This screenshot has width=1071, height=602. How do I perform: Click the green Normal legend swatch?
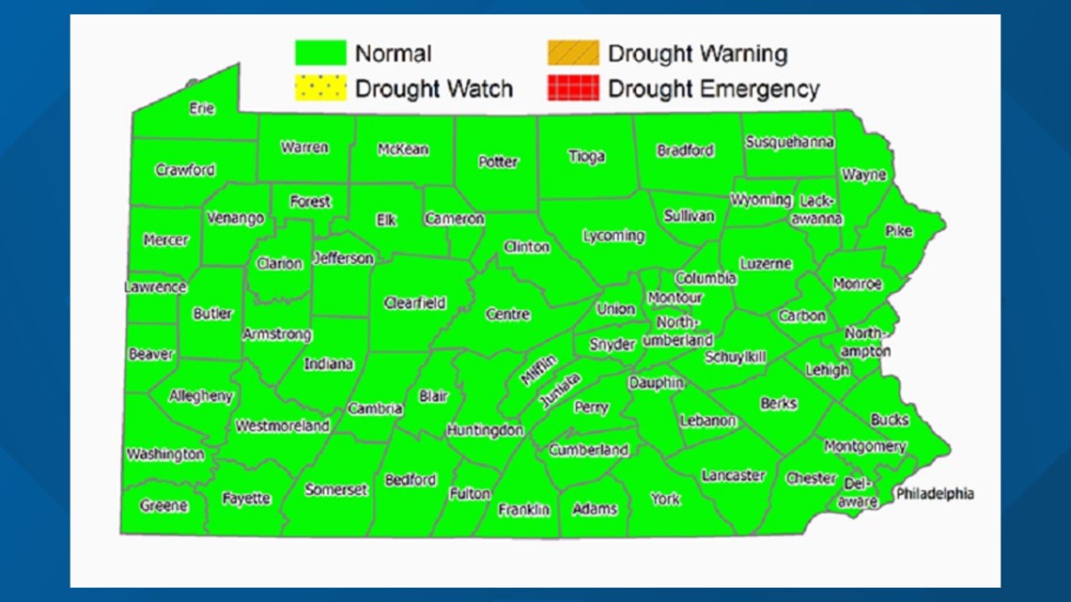(x=320, y=54)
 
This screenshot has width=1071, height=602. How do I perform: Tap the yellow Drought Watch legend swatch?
(x=320, y=88)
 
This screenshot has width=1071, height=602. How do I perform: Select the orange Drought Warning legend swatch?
(x=572, y=54)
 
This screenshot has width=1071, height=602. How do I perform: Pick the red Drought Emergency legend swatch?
(x=572, y=88)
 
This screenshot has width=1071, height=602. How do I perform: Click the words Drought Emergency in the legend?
(x=713, y=89)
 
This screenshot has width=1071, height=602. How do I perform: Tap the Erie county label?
(x=202, y=108)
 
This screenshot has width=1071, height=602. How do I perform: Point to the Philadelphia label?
(x=934, y=494)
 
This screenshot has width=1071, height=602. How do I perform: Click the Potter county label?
(x=498, y=162)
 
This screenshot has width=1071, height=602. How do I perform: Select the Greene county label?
(x=163, y=505)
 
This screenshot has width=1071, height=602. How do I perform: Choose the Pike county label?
(x=898, y=231)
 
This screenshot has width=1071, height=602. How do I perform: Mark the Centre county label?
(x=507, y=315)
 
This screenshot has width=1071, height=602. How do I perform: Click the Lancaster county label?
(x=733, y=476)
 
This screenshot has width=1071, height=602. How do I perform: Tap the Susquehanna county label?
(x=789, y=143)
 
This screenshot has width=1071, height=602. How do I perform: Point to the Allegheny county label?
(x=200, y=396)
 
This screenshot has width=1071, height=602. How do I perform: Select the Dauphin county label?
(x=656, y=383)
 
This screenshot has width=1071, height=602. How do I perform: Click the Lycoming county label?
(x=613, y=236)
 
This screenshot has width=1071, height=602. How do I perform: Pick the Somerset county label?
(x=335, y=489)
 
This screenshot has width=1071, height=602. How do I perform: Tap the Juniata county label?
(x=560, y=391)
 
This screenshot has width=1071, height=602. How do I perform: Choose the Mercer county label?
(x=165, y=240)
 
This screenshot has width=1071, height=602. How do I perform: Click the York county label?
(x=665, y=499)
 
